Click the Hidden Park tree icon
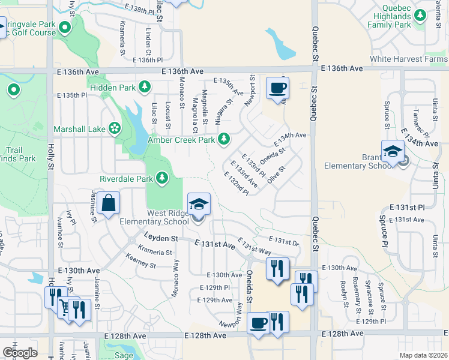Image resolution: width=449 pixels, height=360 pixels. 145,88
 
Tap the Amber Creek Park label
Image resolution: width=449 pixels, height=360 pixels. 181,140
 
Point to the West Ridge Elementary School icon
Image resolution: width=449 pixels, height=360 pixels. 199,205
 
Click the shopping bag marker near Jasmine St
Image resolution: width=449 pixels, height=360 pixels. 109,203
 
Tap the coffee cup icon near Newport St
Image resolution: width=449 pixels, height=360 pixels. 277,88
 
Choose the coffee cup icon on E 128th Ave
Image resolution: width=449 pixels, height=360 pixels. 259,323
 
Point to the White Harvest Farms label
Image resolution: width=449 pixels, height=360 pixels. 408,59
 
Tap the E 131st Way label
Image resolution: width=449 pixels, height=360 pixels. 255,247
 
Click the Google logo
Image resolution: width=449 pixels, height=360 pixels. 19,352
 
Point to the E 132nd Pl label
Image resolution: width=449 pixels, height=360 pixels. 236,183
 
